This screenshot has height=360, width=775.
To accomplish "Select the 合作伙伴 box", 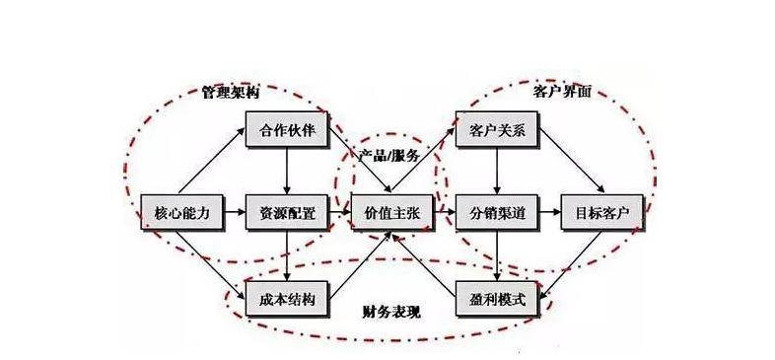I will coord(287,130).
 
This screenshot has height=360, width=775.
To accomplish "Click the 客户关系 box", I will coord(496,130).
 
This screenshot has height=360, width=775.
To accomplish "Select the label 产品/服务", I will coord(391,157).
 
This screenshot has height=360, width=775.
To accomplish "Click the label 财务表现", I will coord(391,313).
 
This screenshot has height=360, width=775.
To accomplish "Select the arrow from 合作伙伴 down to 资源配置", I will coord(287,172).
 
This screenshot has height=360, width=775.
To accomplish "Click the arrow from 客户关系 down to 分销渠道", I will coord(496,172).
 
